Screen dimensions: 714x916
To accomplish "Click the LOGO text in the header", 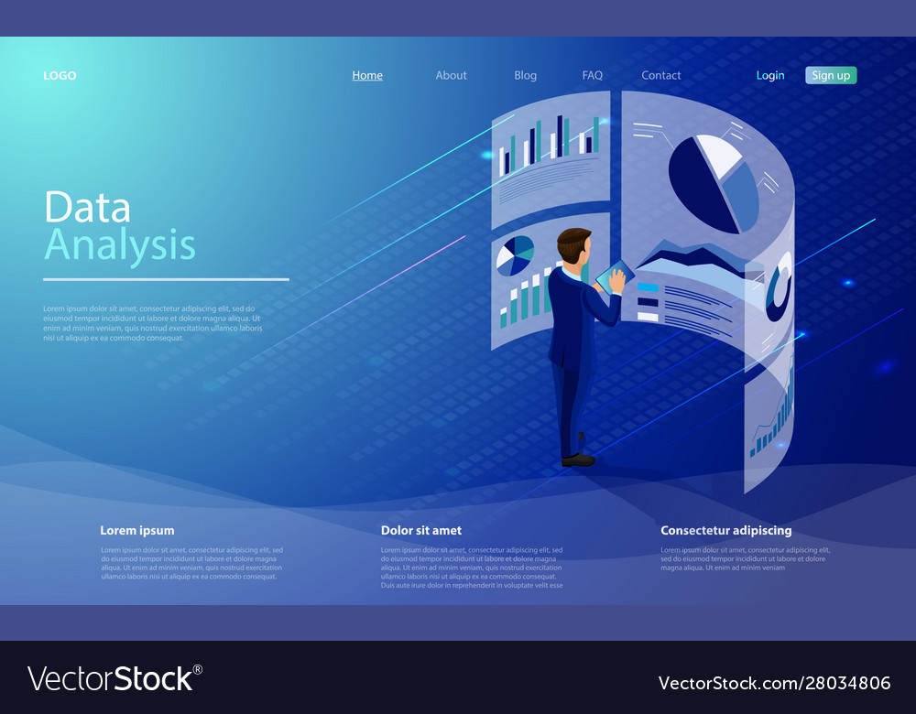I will point(60,76).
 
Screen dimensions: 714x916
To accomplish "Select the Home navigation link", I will point(367,76).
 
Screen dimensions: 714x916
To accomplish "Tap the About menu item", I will point(451,76).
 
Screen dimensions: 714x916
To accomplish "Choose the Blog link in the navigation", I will point(526,76).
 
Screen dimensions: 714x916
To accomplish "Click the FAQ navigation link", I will point(593,76).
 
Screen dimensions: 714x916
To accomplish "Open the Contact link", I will point(661,76).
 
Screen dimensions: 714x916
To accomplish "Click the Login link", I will point(770,76).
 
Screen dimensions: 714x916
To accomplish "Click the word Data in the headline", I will point(87,208).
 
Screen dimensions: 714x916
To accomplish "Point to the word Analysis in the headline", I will point(120,245).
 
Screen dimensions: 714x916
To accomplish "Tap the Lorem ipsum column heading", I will point(137,530).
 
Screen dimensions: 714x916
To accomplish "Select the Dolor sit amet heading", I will point(421,530).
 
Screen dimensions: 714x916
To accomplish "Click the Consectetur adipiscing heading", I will point(726,530).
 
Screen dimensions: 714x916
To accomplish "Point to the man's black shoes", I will point(578,460).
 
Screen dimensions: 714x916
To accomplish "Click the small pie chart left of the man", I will point(515,255).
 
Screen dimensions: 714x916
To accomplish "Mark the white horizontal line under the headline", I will point(166,279).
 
